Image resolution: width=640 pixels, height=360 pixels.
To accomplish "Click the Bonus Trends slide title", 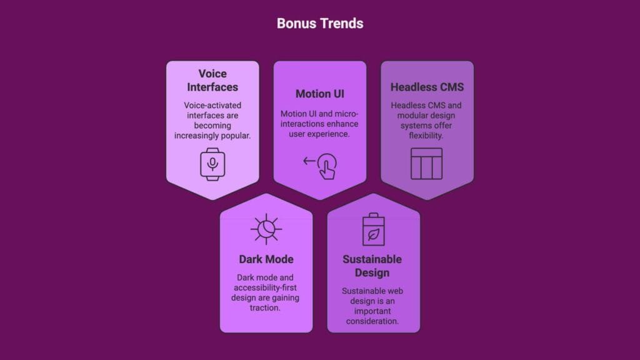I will (319, 24).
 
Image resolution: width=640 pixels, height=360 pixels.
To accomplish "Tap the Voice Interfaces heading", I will (212, 80).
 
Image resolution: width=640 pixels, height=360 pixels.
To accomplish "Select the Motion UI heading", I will (319, 94).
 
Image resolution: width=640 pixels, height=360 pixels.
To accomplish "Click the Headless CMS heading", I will (427, 87).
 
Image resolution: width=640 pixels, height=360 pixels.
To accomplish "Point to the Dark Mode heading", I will (266, 259).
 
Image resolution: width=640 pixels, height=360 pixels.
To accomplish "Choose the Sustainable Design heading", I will (372, 266).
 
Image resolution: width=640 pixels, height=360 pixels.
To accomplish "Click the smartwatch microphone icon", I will (212, 164).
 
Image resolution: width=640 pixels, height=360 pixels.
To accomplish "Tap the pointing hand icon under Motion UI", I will (326, 167).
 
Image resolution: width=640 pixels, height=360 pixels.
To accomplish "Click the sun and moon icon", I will (266, 229).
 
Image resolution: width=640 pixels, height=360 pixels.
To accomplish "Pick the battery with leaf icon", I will (374, 229).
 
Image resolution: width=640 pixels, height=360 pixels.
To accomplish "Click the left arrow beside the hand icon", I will (309, 161).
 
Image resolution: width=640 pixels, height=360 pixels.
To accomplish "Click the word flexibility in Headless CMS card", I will (427, 136).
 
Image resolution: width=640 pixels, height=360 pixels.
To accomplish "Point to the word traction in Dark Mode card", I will (266, 308).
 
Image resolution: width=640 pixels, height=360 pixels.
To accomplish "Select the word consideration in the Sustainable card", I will (373, 321).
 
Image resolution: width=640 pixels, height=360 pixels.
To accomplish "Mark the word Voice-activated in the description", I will (212, 106).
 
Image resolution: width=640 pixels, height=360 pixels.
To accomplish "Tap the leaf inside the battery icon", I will (374, 234).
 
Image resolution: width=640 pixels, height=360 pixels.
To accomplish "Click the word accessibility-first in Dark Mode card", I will (266, 287).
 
